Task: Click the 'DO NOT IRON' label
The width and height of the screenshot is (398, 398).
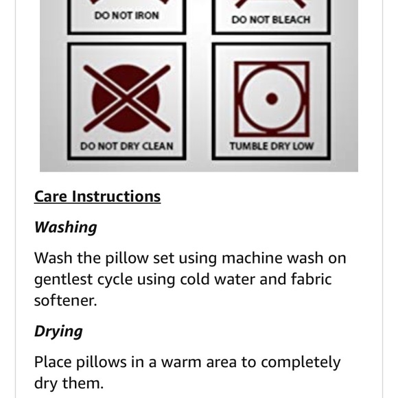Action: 127,16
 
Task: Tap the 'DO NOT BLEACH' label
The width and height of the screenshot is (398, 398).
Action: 271,20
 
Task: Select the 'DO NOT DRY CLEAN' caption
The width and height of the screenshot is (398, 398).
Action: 127,146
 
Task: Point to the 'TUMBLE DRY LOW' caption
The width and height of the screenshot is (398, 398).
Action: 272,146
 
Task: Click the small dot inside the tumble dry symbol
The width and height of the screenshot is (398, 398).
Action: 272,99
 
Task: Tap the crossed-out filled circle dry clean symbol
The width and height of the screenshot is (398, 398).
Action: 127,99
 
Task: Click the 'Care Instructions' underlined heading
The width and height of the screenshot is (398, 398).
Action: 97,196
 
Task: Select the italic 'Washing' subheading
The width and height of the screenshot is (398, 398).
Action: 65,227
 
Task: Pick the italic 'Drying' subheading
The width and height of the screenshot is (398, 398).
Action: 58,331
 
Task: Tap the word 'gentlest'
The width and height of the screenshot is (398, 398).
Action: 63,280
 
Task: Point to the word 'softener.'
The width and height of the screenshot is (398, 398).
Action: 65,301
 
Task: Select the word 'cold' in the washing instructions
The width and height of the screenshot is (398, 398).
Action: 195,279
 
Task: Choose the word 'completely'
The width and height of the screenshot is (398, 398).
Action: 301,363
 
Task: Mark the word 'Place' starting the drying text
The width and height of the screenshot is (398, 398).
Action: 53,362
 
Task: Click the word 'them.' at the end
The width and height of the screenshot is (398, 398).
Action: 83,384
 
